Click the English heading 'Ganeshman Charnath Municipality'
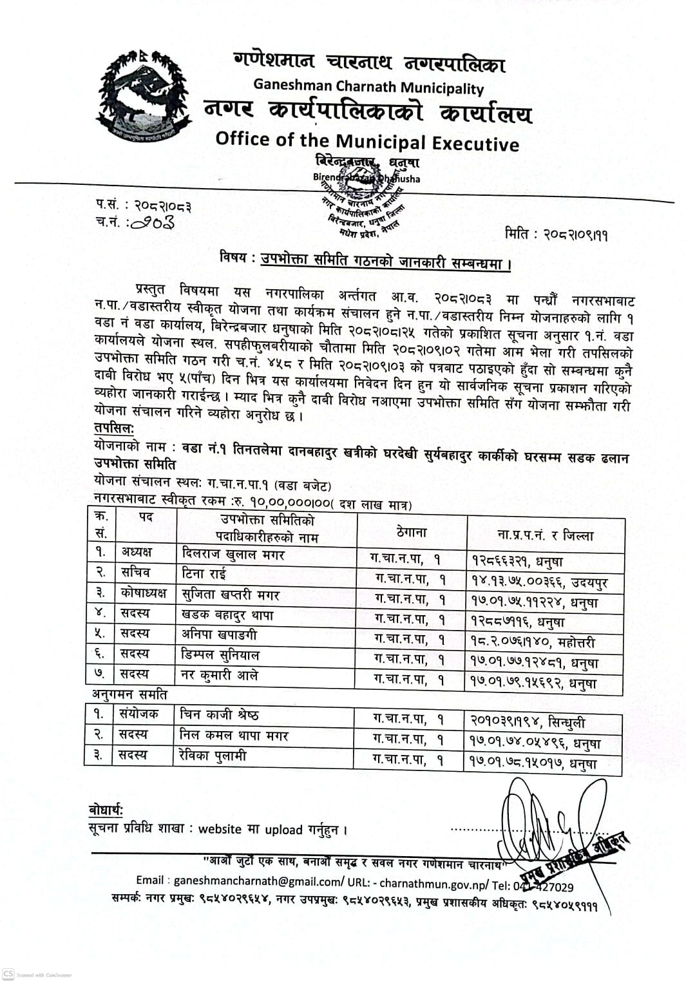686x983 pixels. tap(368, 86)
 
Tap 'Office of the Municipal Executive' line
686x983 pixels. tap(367, 141)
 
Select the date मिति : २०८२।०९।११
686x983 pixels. tap(557, 234)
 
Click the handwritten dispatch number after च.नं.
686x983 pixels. tap(155, 222)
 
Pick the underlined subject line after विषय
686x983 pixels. tap(386, 261)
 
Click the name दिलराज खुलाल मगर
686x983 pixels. tap(234, 554)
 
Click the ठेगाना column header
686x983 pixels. tap(412, 532)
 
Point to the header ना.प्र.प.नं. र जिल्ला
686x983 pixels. tap(545, 535)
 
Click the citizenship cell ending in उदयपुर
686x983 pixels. tap(538, 583)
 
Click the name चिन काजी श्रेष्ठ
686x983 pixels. tap(220, 714)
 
